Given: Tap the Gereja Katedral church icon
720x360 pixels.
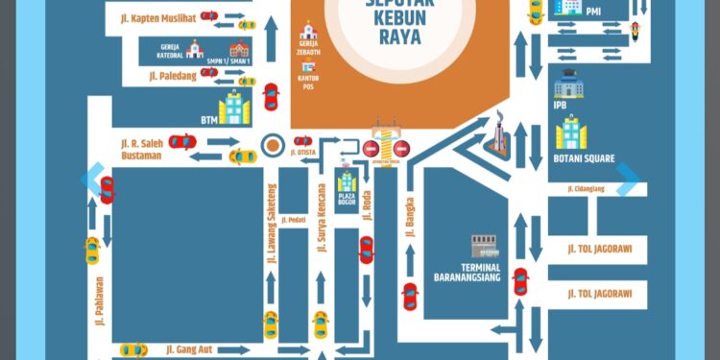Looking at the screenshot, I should coord(195,48).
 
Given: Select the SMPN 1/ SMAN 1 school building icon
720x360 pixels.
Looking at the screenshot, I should coord(238,49).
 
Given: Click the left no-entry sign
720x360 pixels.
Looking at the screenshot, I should coord(371,149).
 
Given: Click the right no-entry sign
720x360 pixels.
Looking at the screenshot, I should coord(401,149).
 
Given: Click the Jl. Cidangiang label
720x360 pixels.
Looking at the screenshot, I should coord(585,189).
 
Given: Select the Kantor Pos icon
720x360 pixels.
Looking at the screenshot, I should coord(309,71).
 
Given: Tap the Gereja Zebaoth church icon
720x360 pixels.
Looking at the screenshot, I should coord(307,32).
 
